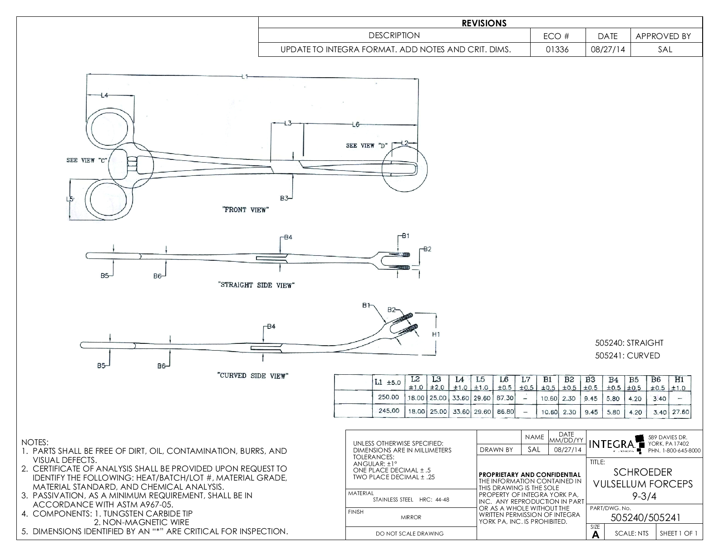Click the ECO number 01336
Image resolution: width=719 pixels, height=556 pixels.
(557, 50)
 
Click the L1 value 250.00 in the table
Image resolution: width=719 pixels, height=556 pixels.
(389, 397)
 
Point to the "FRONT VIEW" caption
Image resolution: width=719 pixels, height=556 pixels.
(246, 210)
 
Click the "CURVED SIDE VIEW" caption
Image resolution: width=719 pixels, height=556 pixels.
(252, 376)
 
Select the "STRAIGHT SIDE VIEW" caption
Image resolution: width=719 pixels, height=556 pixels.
(256, 285)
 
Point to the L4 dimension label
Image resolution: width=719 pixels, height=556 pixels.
(104, 95)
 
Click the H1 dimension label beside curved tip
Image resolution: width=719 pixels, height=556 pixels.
(436, 334)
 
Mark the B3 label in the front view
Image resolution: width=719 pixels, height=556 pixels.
(284, 198)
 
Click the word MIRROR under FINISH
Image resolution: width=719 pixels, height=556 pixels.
(411, 517)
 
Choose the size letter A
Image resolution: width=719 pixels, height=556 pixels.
(596, 535)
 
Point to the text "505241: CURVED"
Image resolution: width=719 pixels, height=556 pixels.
(627, 356)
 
